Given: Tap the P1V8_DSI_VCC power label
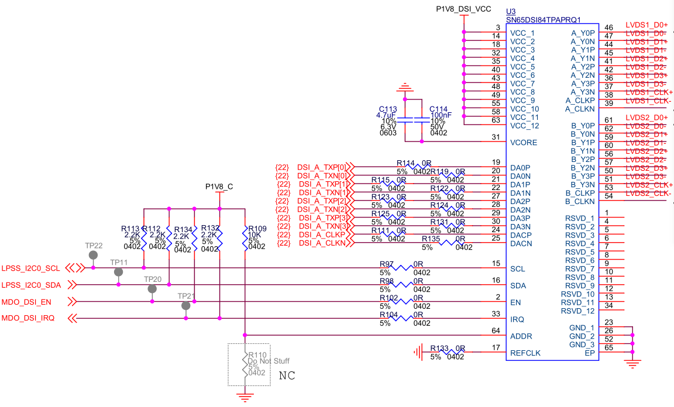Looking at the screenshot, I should (x=464, y=10).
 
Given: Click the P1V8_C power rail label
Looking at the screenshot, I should (x=219, y=187).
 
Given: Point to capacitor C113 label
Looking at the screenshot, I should (x=387, y=109).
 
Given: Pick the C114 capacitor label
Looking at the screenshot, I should (x=438, y=109).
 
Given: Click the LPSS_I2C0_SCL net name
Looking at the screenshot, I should (x=31, y=268).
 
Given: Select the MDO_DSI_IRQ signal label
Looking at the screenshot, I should (x=29, y=319).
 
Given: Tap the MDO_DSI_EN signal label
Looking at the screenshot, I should (x=27, y=302).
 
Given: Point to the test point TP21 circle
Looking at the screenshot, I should (x=186, y=306).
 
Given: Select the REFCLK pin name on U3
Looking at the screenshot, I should (x=525, y=353).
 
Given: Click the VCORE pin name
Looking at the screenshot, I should (x=523, y=143).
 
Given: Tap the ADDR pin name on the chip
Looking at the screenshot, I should (x=521, y=336).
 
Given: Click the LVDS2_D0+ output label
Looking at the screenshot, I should (x=647, y=118).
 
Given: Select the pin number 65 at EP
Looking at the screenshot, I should (x=609, y=348).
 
